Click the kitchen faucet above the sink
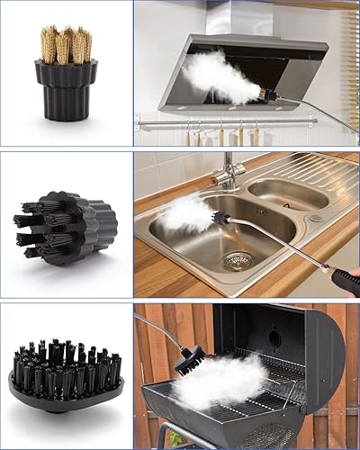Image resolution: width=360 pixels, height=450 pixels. (x=230, y=171)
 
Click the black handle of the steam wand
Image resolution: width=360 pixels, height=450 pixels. (x=344, y=282)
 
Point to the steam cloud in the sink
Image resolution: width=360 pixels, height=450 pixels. (x=188, y=214)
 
